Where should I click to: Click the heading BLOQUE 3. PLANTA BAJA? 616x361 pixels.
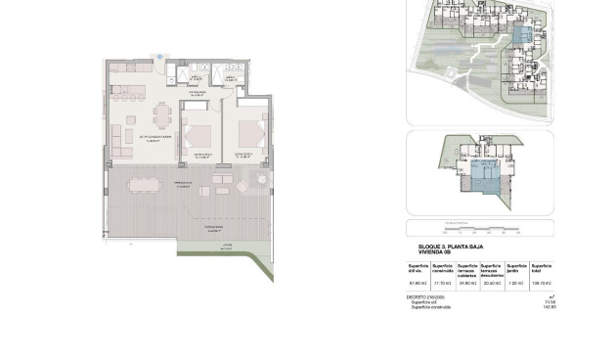point(445,248)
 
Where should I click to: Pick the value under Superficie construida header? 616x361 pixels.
point(442,285)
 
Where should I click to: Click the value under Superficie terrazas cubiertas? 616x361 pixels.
point(467,285)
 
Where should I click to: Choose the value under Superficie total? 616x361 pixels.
point(542,285)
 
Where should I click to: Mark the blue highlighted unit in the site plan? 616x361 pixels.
point(525,35)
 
